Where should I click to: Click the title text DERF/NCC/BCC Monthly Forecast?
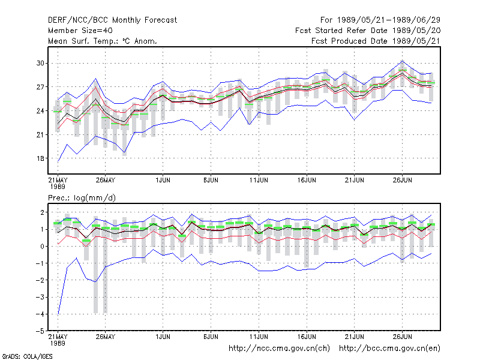(x=112, y=20)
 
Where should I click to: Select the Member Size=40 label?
(x=80, y=31)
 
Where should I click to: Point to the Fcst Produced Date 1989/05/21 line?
(x=376, y=41)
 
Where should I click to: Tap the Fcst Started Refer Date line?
(x=368, y=31)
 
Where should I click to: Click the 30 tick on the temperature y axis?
(x=40, y=63)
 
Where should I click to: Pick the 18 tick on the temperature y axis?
(x=40, y=158)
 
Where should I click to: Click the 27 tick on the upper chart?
(x=40, y=87)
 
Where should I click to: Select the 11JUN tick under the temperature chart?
(x=259, y=180)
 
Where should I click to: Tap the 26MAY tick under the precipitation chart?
(x=106, y=337)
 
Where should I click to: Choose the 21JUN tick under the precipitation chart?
(x=355, y=337)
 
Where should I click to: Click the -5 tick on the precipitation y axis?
(x=40, y=331)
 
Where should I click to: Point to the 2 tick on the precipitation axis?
(x=42, y=212)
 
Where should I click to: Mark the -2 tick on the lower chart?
(x=40, y=280)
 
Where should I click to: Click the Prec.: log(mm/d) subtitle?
(x=82, y=198)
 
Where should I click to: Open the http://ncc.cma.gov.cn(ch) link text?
(x=279, y=349)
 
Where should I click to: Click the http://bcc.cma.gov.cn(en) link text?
(x=389, y=349)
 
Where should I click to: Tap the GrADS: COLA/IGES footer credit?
(x=27, y=356)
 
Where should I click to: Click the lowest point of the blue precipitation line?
(x=58, y=314)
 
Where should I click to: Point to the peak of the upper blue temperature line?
(x=403, y=61)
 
